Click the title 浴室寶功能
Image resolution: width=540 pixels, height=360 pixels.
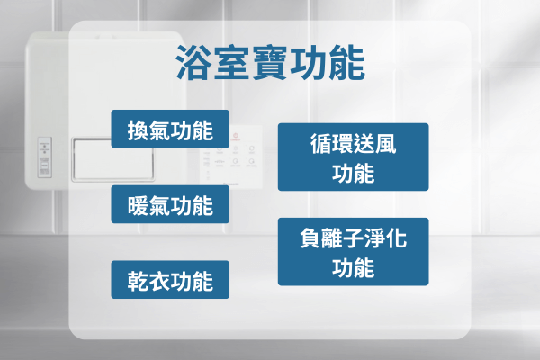[269, 64]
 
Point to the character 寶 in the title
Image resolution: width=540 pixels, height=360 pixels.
[269, 64]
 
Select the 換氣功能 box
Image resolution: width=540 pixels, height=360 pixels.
[170, 130]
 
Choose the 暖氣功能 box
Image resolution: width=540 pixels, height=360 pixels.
[170, 206]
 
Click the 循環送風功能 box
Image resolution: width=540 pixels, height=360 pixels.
[353, 157]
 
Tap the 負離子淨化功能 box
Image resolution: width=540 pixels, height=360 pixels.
[353, 252]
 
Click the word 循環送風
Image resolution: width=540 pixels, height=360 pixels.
[353, 144]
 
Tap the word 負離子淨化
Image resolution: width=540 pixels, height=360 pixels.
[353, 238]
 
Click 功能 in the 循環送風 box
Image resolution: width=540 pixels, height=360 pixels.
[353, 173]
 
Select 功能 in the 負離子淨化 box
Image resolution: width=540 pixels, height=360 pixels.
[353, 267]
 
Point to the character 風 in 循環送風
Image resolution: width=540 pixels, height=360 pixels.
[387, 144]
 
